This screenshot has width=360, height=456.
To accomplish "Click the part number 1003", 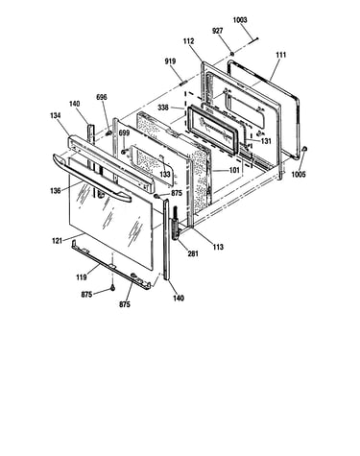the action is (240, 20).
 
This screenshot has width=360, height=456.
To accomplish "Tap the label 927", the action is (217, 31).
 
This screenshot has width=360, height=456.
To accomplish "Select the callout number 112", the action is (188, 41).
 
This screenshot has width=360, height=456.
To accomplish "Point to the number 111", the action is (280, 55).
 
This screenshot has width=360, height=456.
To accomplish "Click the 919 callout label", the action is (170, 61).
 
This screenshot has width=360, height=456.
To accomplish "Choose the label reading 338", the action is (163, 108).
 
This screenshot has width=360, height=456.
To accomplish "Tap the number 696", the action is (102, 97).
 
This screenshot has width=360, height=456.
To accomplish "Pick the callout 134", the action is (56, 115).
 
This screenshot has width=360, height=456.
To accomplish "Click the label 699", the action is (124, 132).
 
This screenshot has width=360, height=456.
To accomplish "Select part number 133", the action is (165, 175).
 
